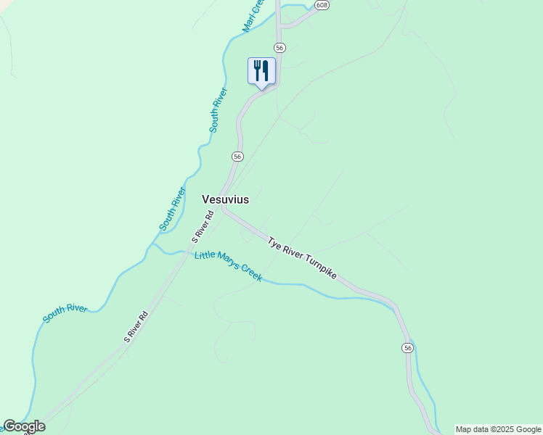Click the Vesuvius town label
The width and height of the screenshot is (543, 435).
225,199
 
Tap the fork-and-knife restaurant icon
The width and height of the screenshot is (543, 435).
261,71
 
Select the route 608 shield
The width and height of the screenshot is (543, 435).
322,5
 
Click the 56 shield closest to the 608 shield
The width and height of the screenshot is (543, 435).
280,47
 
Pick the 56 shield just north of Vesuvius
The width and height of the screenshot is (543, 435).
237,157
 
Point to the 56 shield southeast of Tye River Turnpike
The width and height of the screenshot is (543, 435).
408,349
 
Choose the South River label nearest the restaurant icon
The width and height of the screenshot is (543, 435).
219,110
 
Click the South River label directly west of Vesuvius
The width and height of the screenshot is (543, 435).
173,209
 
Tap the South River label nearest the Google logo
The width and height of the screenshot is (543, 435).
65,313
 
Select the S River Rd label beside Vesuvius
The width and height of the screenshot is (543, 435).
203,226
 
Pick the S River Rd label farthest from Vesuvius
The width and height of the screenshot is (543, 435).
136,327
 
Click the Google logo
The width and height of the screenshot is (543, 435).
24,426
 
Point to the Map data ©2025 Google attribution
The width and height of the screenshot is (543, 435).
499,429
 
